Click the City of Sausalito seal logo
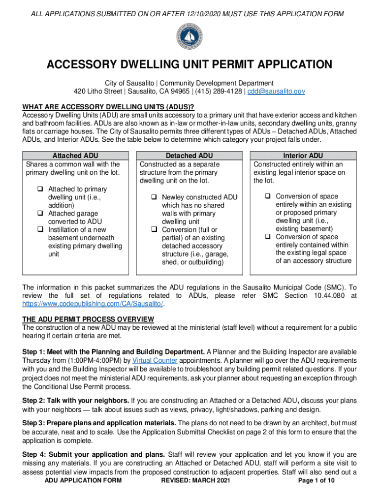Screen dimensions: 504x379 (189, 37)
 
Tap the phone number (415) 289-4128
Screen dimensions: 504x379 (220, 92)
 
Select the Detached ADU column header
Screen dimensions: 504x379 (189, 156)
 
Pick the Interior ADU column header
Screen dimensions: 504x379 (303, 156)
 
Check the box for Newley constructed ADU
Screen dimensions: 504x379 (154, 197)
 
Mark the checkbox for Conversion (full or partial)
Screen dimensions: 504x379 (154, 230)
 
